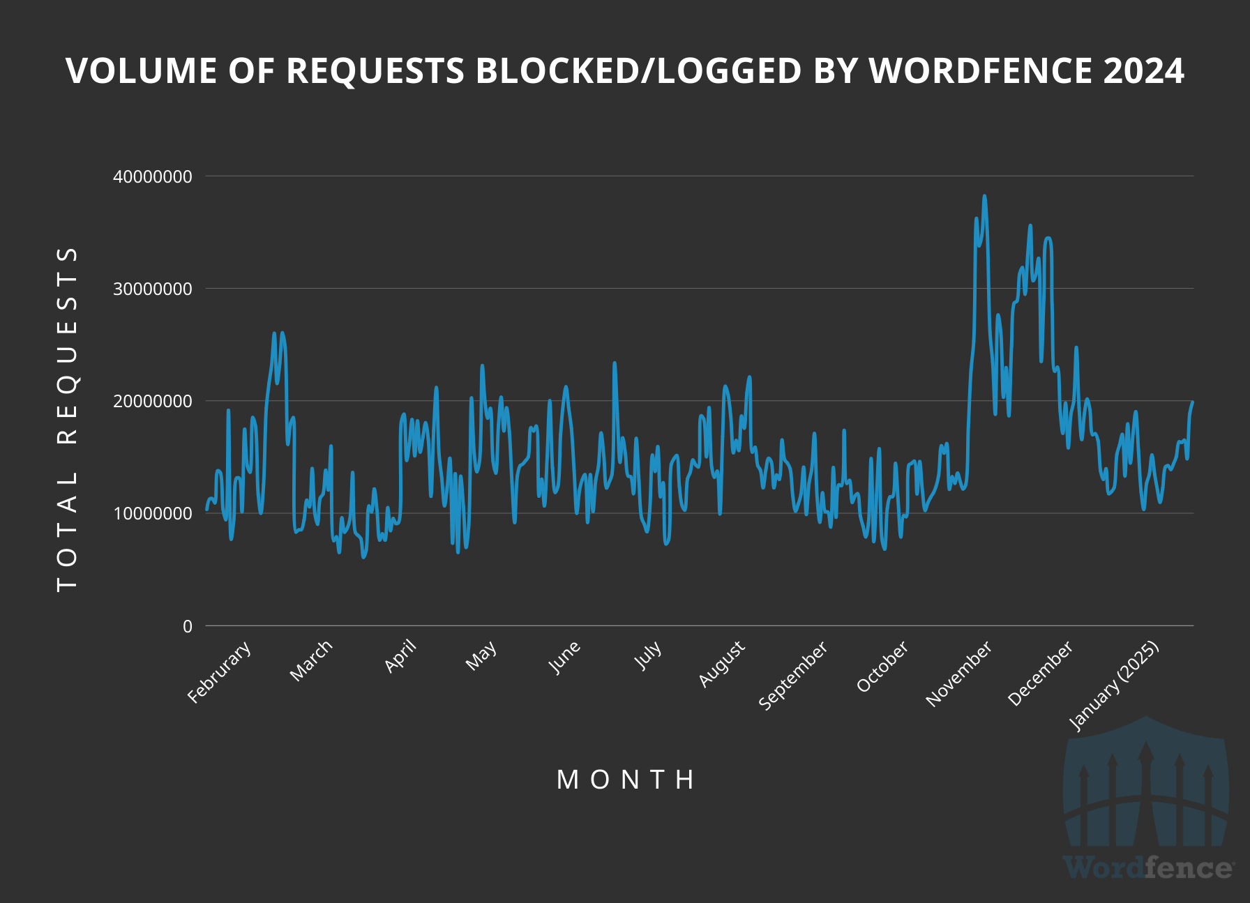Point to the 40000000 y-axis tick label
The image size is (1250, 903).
point(153,176)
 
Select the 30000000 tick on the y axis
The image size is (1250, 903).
point(153,289)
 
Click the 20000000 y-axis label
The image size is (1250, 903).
point(153,401)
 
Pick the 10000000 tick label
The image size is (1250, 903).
point(153,514)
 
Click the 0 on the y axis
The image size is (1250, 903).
point(187,626)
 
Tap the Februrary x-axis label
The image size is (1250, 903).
point(219,671)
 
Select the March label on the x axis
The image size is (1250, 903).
point(311,660)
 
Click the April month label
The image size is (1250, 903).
point(400,656)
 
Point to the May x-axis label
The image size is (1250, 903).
point(481,655)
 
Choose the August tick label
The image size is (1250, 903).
point(722,664)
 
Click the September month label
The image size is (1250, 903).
point(793,675)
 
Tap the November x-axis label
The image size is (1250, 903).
point(958,674)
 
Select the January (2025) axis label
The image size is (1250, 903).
point(1114,685)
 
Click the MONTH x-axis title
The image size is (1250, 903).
point(626,780)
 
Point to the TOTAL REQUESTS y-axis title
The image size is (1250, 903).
point(68,418)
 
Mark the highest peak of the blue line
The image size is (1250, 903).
point(984,197)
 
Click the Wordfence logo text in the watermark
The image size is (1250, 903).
point(1148,868)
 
